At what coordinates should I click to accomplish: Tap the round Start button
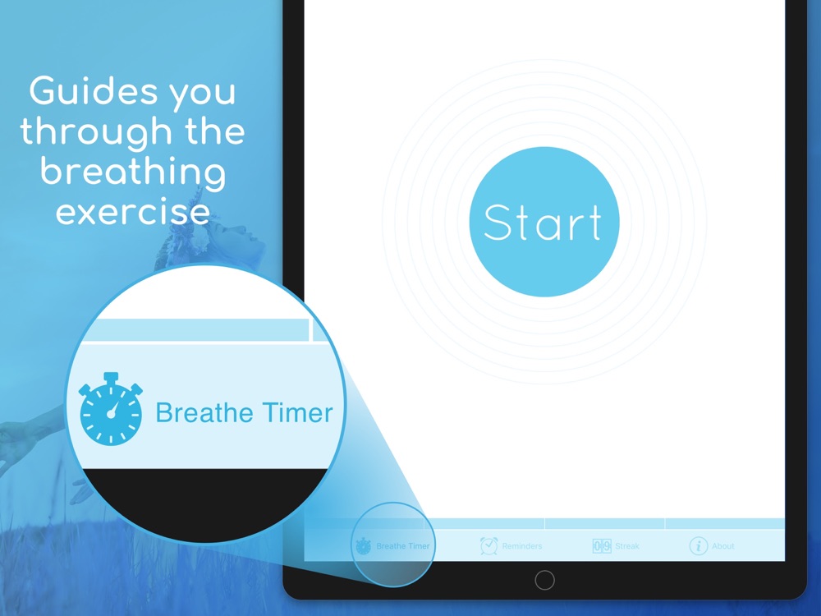544,222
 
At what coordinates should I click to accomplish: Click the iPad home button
544,580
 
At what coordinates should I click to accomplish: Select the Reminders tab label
522,546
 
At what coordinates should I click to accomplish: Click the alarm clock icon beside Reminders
488,545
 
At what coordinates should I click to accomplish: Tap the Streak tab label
627,546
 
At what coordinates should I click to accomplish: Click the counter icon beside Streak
602,546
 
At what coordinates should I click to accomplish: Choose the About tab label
723,546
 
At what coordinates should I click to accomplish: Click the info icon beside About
699,546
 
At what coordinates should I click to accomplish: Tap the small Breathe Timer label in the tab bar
402,546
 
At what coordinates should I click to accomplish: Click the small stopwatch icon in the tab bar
364,546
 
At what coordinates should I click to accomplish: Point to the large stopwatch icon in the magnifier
111,409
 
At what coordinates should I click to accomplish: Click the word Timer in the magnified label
297,412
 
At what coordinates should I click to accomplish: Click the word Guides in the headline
94,90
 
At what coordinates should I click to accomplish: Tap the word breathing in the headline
133,173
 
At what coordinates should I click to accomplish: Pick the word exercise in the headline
133,212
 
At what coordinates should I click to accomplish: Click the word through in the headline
96,131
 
